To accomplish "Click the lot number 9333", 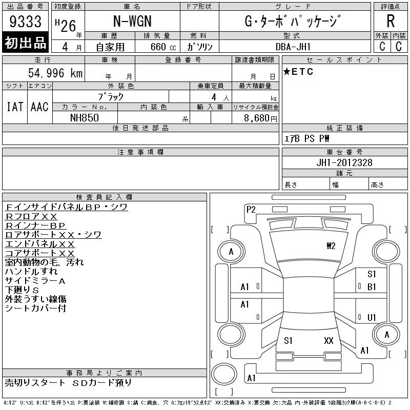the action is tap(26, 21).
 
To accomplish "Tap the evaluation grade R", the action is tap(391, 21).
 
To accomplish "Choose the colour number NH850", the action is tap(85, 117).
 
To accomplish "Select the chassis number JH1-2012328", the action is tap(344, 162).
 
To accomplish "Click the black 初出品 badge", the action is tap(26, 43).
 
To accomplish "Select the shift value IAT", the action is tap(15, 107).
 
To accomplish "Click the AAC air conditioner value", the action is tap(39, 107).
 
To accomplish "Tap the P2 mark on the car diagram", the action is tap(251, 209).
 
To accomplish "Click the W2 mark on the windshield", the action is tap(331, 245).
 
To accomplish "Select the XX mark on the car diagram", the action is tap(329, 340).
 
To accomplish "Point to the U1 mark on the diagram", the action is tap(372, 317).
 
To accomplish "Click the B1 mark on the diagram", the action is tap(372, 286).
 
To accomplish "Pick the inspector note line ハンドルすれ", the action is tap(31, 272).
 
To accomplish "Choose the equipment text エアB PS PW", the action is tap(307, 138).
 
